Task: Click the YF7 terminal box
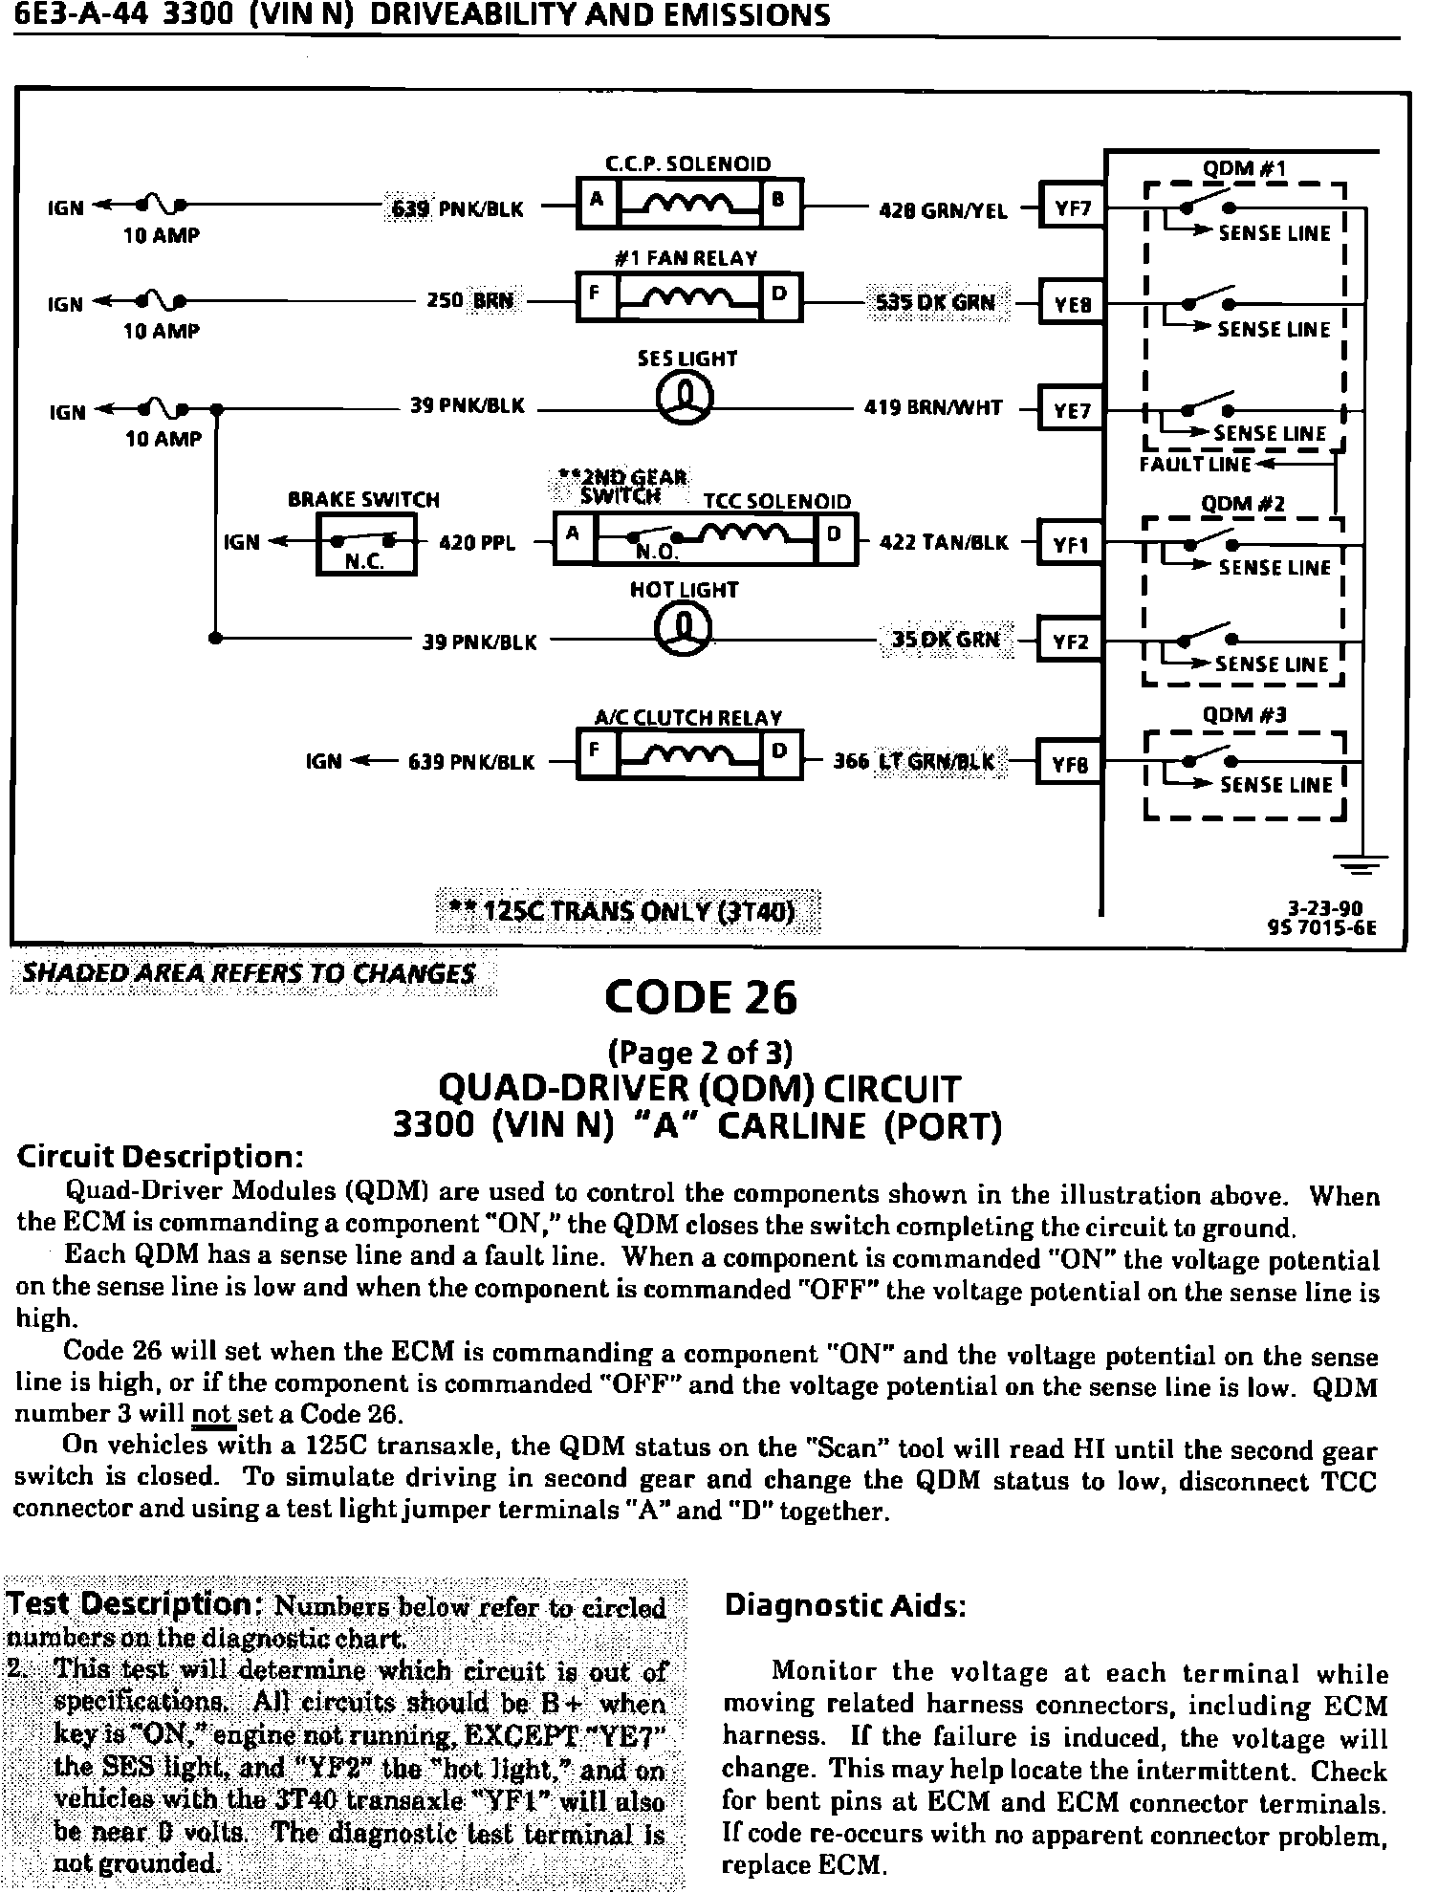pyautogui.click(x=1072, y=207)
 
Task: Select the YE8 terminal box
pyautogui.click(x=1072, y=304)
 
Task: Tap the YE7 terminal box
pyautogui.click(x=1072, y=411)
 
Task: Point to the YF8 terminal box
pyautogui.click(x=1070, y=763)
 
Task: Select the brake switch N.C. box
pyautogui.click(x=366, y=546)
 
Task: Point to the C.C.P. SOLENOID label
pyautogui.click(x=688, y=163)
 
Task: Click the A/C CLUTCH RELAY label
pyautogui.click(x=688, y=717)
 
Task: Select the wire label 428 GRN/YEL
pyautogui.click(x=943, y=210)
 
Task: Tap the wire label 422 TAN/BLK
pyautogui.click(x=943, y=543)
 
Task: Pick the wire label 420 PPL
pyautogui.click(x=476, y=543)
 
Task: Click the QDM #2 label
pyautogui.click(x=1243, y=503)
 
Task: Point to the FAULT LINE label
pyautogui.click(x=1195, y=465)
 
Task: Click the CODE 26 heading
pyautogui.click(x=701, y=997)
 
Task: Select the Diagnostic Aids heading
pyautogui.click(x=845, y=1603)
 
